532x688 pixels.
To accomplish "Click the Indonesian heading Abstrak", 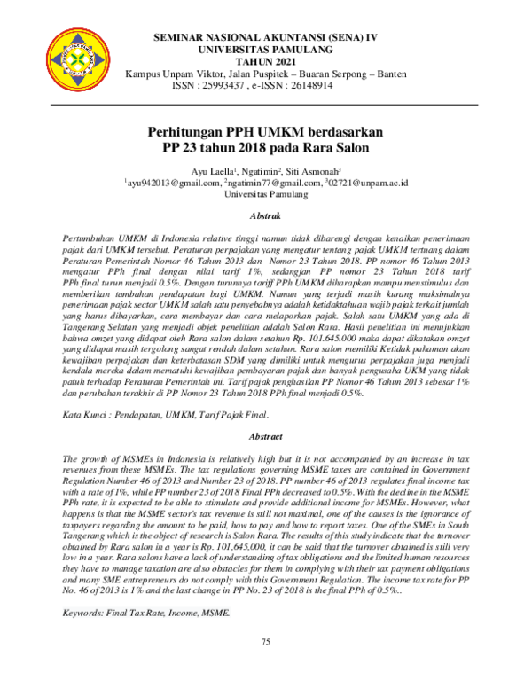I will click(266, 215).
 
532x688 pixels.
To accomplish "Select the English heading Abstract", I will click(266, 437).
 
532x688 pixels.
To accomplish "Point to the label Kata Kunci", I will click(87, 415).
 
